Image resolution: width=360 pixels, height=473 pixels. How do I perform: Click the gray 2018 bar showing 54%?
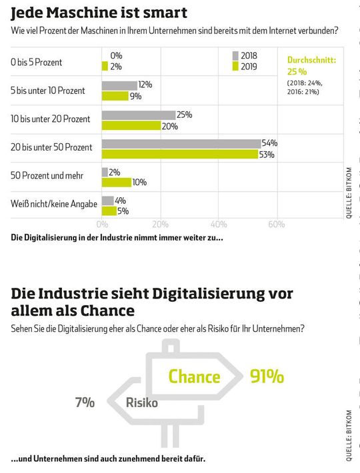point(181,143)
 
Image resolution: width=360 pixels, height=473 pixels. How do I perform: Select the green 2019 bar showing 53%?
point(179,154)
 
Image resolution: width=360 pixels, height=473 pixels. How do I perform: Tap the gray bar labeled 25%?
point(138,115)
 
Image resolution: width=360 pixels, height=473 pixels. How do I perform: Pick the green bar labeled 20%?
point(131,125)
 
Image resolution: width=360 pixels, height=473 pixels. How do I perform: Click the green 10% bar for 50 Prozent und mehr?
point(116,182)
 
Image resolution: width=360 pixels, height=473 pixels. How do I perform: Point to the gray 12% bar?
point(119,85)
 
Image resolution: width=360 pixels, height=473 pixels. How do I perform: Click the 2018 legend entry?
point(245,56)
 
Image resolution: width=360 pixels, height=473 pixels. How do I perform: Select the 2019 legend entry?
point(245,66)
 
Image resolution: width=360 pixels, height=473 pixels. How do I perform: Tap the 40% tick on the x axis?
point(218,225)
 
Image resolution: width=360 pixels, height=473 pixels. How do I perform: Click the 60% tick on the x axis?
point(276,225)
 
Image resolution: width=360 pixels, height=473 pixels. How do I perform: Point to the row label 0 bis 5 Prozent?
point(37,62)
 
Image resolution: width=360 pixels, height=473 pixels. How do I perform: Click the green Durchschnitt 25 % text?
point(311,65)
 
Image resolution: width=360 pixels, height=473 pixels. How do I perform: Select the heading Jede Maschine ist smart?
point(99,13)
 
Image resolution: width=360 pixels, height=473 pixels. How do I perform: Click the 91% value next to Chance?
point(267,376)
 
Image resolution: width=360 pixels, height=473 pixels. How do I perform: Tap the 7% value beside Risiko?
point(85,402)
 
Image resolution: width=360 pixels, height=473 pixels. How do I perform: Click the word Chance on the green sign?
point(194,377)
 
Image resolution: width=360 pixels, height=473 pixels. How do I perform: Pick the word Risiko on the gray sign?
point(142,403)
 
